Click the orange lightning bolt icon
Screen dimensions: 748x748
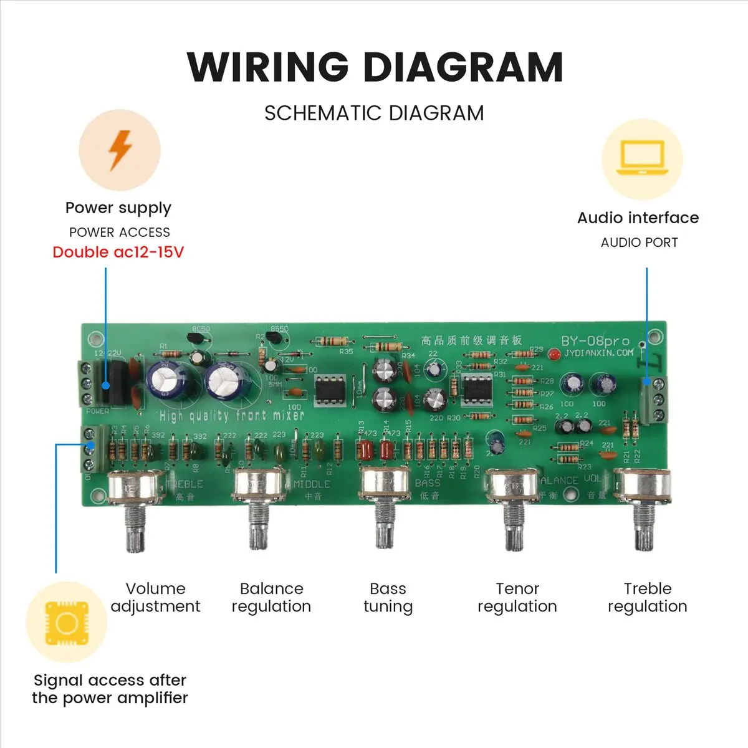(120, 150)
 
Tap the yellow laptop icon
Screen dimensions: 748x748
(641, 160)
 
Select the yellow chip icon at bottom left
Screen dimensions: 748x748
(66, 623)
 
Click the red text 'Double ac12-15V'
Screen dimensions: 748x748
(118, 252)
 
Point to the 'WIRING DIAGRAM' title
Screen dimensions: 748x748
(375, 67)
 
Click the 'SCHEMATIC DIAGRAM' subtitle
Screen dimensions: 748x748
(374, 113)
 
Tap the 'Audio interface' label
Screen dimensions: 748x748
(638, 218)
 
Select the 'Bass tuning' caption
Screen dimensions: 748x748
(388, 597)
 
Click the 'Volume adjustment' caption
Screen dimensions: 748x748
(155, 597)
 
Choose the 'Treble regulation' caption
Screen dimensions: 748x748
(647, 597)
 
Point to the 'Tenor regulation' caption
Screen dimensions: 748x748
(517, 597)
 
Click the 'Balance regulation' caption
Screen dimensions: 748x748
(271, 597)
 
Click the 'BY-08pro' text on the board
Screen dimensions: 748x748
(595, 341)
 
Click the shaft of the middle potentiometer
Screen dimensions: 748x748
(385, 527)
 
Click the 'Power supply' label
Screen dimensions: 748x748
(118, 208)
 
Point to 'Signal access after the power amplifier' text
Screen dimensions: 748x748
(110, 689)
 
